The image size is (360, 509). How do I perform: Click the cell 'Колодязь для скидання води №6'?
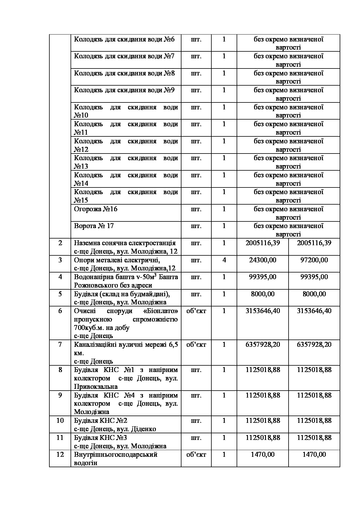(x=124, y=39)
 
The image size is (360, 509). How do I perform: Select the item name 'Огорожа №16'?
(x=96, y=209)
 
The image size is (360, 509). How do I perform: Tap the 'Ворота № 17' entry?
(x=94, y=226)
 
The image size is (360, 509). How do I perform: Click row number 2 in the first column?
(x=60, y=243)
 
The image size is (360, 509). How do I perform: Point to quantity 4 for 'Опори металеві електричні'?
(x=224, y=260)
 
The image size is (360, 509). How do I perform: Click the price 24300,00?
(x=262, y=260)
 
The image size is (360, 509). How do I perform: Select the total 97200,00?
(x=314, y=260)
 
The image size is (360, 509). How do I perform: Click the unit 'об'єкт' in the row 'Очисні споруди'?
(x=196, y=311)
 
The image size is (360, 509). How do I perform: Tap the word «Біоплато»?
(x=161, y=311)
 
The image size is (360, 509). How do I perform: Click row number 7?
(x=60, y=345)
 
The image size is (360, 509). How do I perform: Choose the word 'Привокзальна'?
(x=96, y=387)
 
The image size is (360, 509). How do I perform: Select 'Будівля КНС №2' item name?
(x=100, y=421)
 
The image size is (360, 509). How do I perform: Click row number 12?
(x=60, y=454)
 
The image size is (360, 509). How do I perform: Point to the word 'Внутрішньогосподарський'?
(x=116, y=454)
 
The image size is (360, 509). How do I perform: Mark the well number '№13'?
(x=81, y=167)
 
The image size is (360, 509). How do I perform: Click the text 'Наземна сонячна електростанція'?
(x=125, y=243)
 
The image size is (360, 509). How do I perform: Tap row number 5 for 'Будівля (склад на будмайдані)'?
(x=60, y=294)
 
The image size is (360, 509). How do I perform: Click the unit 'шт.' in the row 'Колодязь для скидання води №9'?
(x=196, y=90)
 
